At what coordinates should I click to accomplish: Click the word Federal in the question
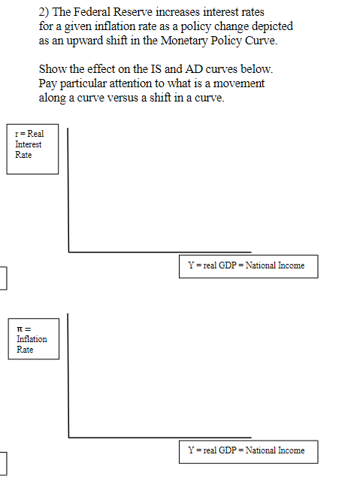[x=92, y=12]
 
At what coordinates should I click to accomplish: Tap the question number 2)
[x=44, y=12]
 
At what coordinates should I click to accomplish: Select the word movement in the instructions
[x=239, y=83]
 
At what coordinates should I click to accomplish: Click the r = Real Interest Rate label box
[x=32, y=149]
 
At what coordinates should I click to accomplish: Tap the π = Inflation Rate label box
[x=34, y=339]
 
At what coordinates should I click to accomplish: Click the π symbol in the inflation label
[x=20, y=329]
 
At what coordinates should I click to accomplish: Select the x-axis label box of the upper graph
[x=249, y=266]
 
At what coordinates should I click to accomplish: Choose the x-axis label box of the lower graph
[x=249, y=452]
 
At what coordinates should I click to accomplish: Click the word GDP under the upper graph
[x=227, y=265]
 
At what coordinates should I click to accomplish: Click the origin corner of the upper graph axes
[x=68, y=252]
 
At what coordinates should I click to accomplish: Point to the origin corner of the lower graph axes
[x=68, y=438]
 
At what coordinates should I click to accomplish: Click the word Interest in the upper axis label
[x=28, y=144]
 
